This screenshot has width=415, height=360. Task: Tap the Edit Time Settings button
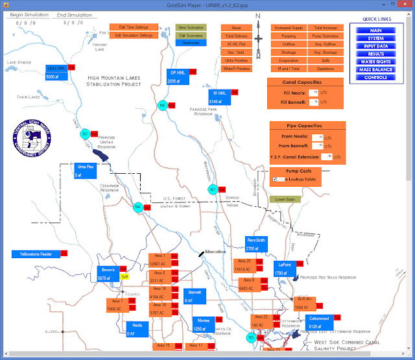[132, 28]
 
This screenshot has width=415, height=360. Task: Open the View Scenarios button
[191, 28]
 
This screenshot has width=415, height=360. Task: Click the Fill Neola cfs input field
[314, 93]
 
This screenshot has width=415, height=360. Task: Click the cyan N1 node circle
[85, 134]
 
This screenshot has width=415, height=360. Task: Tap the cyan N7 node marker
[213, 189]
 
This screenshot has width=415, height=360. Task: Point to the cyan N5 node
[251, 337]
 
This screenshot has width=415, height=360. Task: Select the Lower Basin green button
[285, 199]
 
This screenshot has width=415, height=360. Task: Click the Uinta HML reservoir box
[56, 71]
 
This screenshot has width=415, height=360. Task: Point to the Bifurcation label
[215, 251]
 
